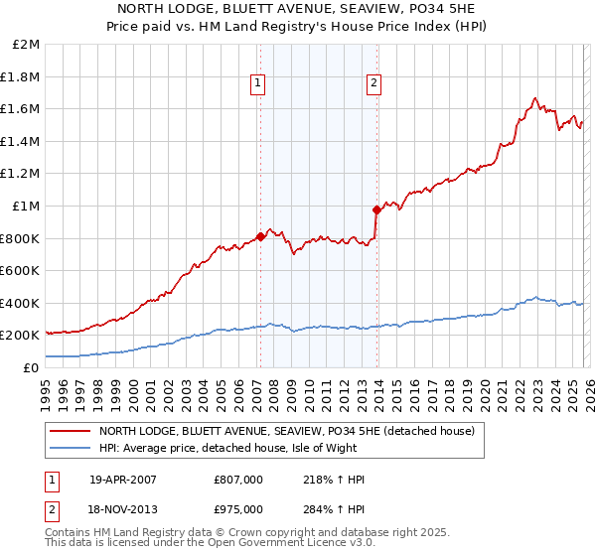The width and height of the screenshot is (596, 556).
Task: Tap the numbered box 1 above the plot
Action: pyautogui.click(x=257, y=84)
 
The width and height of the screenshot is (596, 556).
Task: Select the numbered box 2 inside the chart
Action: pyautogui.click(x=374, y=84)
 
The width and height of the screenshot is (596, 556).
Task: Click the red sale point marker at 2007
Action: pyautogui.click(x=260, y=236)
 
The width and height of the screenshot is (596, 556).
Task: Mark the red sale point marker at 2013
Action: pyautogui.click(x=376, y=209)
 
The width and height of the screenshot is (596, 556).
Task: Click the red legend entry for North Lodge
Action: pyautogui.click(x=287, y=431)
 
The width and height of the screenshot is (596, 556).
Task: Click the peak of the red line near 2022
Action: pyautogui.click(x=535, y=98)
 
